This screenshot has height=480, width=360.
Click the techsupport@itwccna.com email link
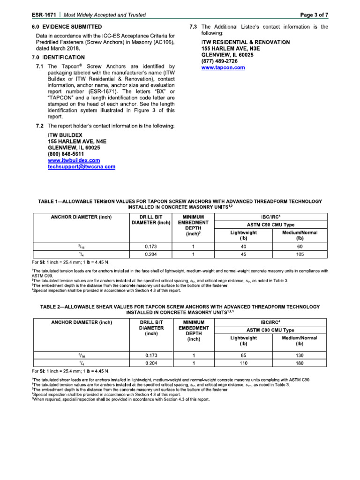(81, 166)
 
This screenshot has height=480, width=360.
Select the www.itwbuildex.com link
(74, 160)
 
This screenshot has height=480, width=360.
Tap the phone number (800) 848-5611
(66, 154)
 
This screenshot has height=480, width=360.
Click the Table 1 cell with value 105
(300, 255)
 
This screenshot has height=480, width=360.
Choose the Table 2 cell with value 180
(300, 363)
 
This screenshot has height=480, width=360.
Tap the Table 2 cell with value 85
(243, 354)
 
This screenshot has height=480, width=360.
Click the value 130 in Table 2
(300, 354)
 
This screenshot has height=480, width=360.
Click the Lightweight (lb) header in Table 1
(243, 236)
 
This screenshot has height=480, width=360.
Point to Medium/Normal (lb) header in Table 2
(300, 341)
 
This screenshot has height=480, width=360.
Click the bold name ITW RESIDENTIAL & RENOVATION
(245, 42)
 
